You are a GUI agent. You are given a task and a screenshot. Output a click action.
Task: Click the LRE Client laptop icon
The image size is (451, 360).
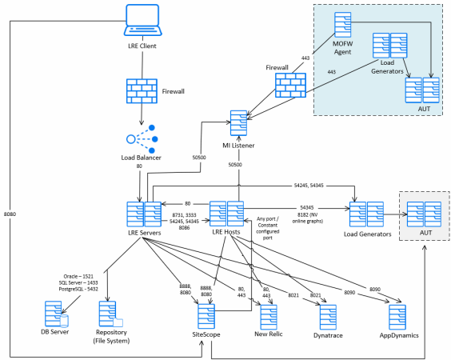142,20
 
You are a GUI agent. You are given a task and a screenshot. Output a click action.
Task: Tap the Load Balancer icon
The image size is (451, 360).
142,139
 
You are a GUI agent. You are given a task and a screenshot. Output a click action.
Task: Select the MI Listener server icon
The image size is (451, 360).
239,123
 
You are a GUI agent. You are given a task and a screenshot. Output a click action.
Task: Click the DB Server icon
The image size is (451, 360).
57,314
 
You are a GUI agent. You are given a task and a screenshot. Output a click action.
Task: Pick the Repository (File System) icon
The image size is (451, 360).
110,314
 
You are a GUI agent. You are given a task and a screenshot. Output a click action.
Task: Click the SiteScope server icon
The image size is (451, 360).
206,316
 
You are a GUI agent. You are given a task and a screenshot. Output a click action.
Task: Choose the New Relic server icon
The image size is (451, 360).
269,317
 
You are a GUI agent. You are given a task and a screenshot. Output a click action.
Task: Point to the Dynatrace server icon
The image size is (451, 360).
328,317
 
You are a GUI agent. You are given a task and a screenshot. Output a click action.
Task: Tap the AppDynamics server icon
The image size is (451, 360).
397,317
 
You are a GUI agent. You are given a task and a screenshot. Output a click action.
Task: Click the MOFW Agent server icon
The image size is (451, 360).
343,25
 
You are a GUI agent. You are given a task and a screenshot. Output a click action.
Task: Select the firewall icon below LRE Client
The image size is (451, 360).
142,91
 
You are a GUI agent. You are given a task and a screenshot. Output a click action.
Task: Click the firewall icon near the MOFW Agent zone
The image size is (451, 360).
290,85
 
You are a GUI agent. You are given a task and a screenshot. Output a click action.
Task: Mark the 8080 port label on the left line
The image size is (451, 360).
10,214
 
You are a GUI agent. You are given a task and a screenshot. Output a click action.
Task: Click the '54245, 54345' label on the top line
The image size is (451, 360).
309,186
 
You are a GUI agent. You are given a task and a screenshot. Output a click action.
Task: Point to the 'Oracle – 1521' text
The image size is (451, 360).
78,276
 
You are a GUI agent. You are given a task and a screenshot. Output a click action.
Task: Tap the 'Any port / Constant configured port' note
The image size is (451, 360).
268,228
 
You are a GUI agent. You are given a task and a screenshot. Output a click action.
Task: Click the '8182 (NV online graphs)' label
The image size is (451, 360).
308,218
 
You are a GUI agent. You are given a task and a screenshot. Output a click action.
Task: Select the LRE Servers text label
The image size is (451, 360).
145,233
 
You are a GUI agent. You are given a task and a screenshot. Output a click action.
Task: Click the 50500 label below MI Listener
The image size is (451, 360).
235,165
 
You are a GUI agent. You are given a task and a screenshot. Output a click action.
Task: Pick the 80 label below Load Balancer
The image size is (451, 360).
139,166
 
